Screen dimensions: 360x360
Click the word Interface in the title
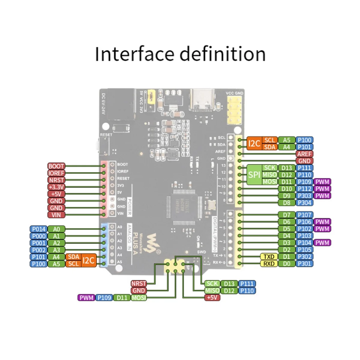[134, 54]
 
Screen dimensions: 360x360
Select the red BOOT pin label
[56, 166]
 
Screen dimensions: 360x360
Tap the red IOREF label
[56, 173]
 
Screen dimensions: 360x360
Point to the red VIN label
[56, 215]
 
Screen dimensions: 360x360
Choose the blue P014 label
[39, 229]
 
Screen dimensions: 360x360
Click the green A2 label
[56, 243]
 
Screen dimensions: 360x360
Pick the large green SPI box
[254, 175]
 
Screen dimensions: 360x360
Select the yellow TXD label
[269, 257]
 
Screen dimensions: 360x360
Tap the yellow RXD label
[269, 264]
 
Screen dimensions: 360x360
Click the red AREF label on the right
[304, 154]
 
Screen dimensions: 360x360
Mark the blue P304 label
[304, 203]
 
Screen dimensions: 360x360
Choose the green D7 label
[287, 215]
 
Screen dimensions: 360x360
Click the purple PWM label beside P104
[322, 243]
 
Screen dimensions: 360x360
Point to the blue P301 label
[304, 264]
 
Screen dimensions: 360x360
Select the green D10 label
[287, 189]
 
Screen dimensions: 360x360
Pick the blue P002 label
[39, 250]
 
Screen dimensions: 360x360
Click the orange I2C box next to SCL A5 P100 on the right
[254, 143]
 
